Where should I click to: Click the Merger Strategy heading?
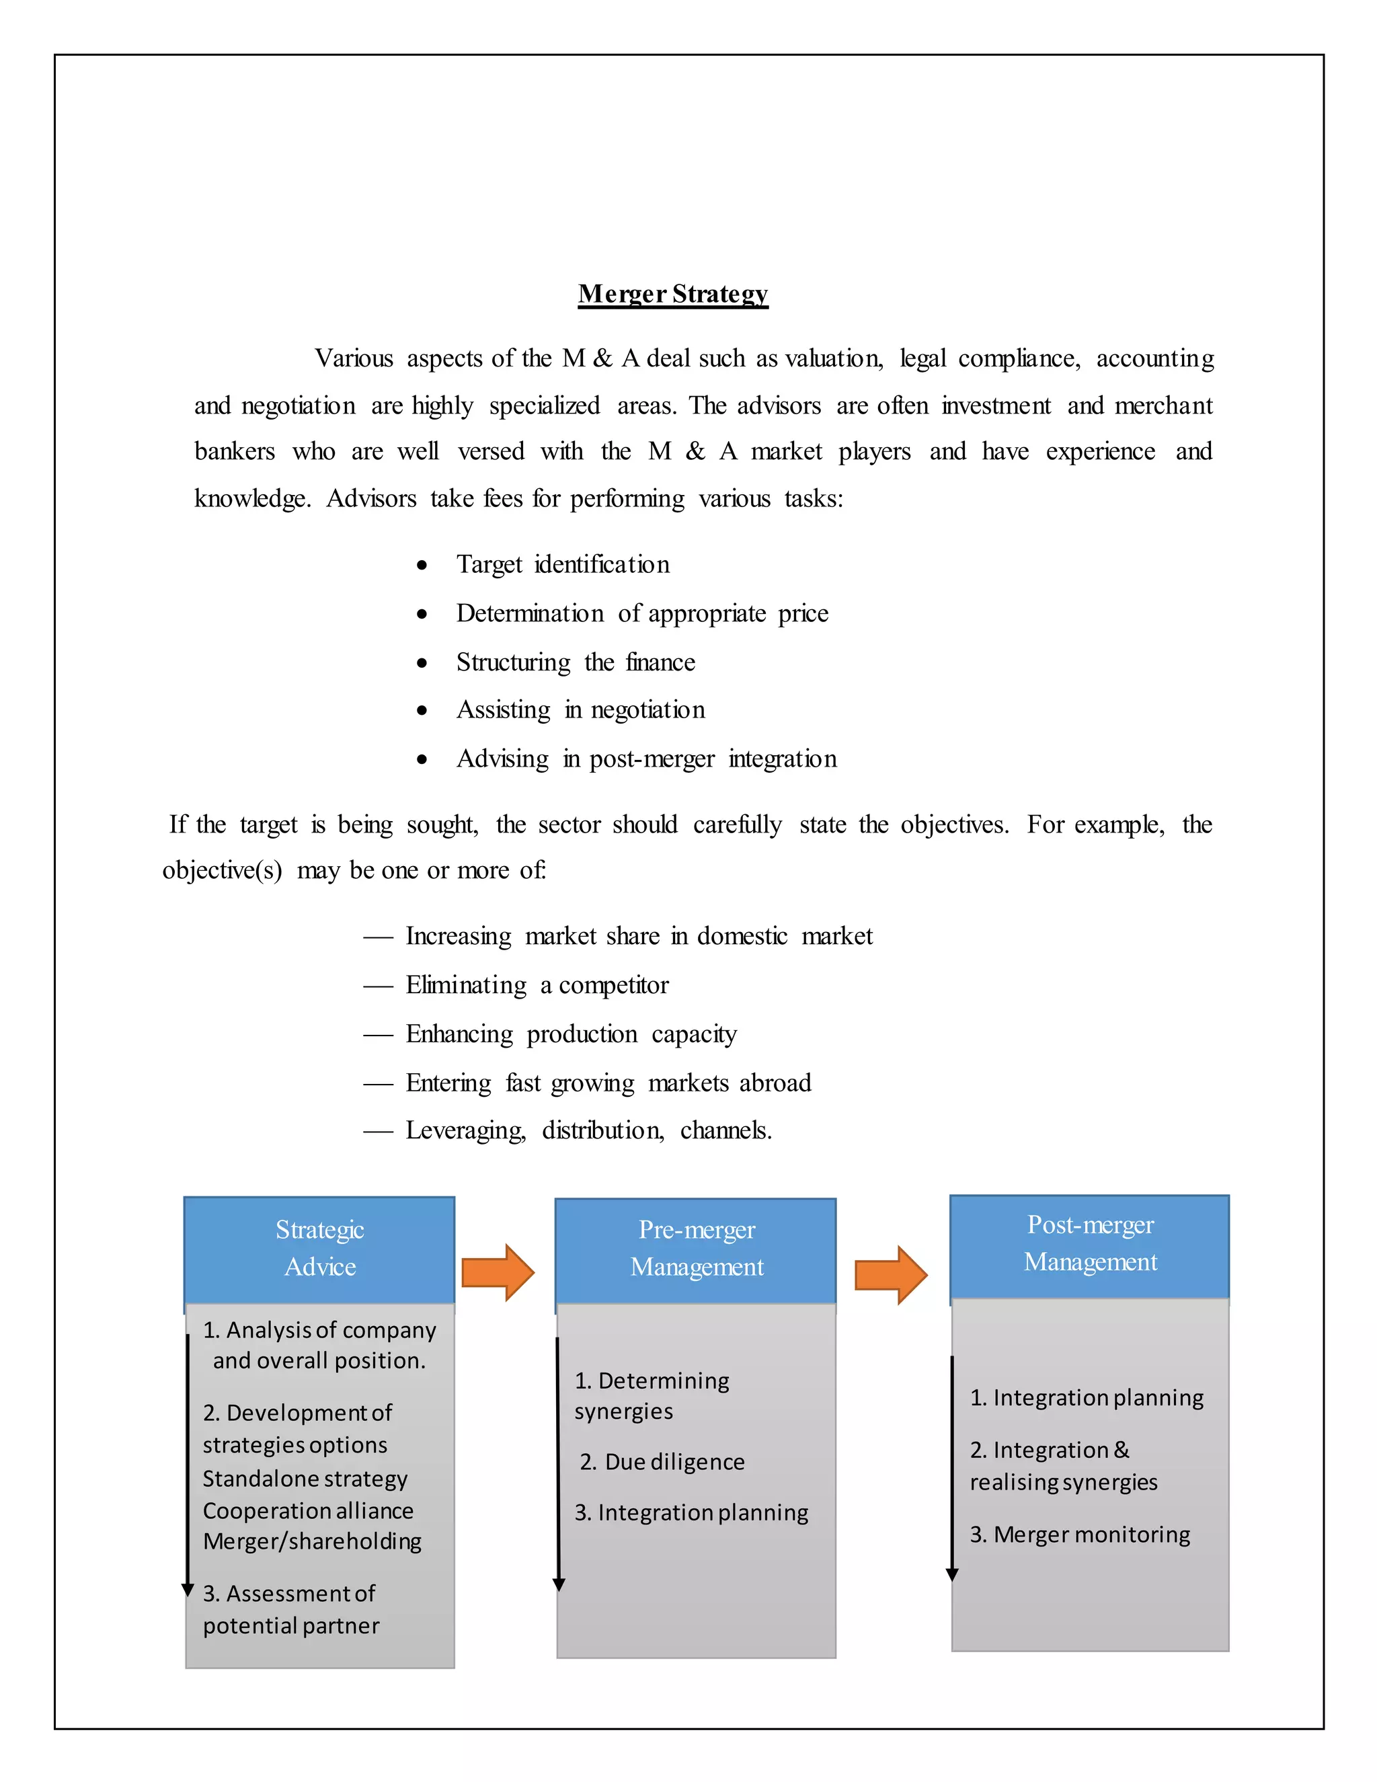click(673, 294)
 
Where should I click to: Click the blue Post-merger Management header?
click(1090, 1245)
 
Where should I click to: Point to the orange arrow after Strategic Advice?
click(498, 1272)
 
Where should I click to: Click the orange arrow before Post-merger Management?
click(891, 1274)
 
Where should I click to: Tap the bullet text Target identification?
click(563, 565)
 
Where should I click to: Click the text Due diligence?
click(674, 1462)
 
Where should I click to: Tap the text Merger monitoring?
click(1091, 1535)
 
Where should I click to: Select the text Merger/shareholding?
click(313, 1541)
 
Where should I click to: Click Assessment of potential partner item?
click(290, 1609)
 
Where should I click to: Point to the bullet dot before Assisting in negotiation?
click(422, 711)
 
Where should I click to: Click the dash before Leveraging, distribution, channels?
click(378, 1132)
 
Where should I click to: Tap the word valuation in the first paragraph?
click(834, 359)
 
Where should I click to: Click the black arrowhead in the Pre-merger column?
click(559, 1584)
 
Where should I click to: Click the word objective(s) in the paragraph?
click(222, 871)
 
